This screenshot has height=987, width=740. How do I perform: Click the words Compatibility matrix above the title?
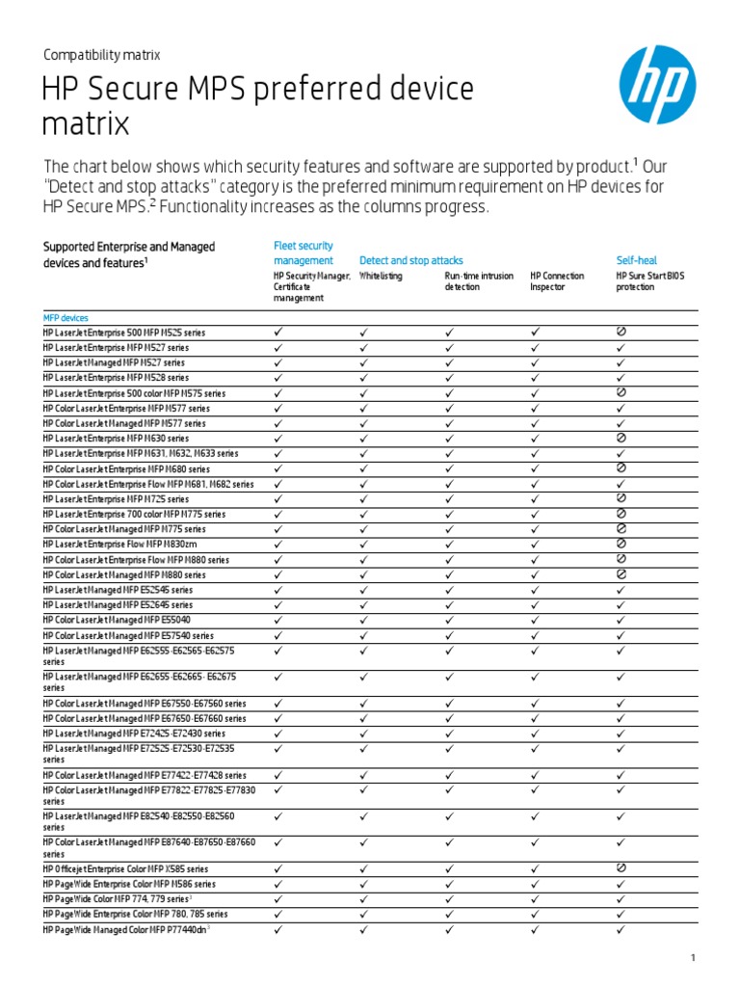(101, 55)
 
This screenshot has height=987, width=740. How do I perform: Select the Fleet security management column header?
(304, 253)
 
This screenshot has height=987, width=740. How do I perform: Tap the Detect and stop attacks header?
(410, 260)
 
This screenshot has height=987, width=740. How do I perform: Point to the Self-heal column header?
(636, 260)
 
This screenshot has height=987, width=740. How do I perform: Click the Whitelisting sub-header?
(381, 276)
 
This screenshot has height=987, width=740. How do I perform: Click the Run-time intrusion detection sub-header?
(479, 280)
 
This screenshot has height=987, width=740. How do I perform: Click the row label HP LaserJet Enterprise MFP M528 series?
(116, 378)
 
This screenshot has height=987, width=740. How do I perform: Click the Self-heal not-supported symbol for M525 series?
(621, 332)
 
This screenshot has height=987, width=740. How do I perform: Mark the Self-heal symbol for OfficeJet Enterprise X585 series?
(621, 867)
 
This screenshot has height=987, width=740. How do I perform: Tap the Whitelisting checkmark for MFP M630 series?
(364, 438)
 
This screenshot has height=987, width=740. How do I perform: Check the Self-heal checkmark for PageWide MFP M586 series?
(621, 883)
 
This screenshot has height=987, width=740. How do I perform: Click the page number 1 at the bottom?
(692, 957)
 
